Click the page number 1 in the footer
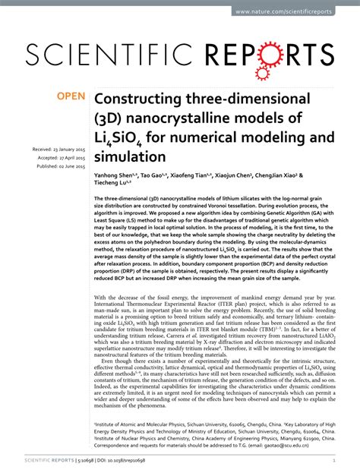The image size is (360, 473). tap(334, 460)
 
